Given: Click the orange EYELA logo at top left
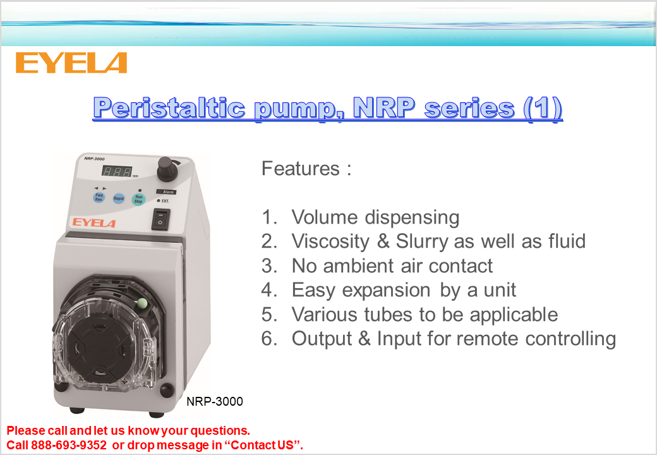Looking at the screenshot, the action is click(x=71, y=63).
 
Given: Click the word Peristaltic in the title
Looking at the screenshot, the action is click(x=169, y=108).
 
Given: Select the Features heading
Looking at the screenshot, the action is click(x=306, y=169).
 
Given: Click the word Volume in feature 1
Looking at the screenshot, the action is click(x=325, y=217).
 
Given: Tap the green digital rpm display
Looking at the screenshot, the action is click(x=117, y=171).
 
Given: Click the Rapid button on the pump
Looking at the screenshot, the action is click(x=119, y=198).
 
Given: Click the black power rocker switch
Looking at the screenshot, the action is click(x=160, y=219).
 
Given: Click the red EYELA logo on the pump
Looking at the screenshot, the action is click(x=93, y=222).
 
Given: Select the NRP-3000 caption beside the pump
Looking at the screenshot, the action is click(x=215, y=401).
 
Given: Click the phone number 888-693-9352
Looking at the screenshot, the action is click(x=69, y=445).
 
